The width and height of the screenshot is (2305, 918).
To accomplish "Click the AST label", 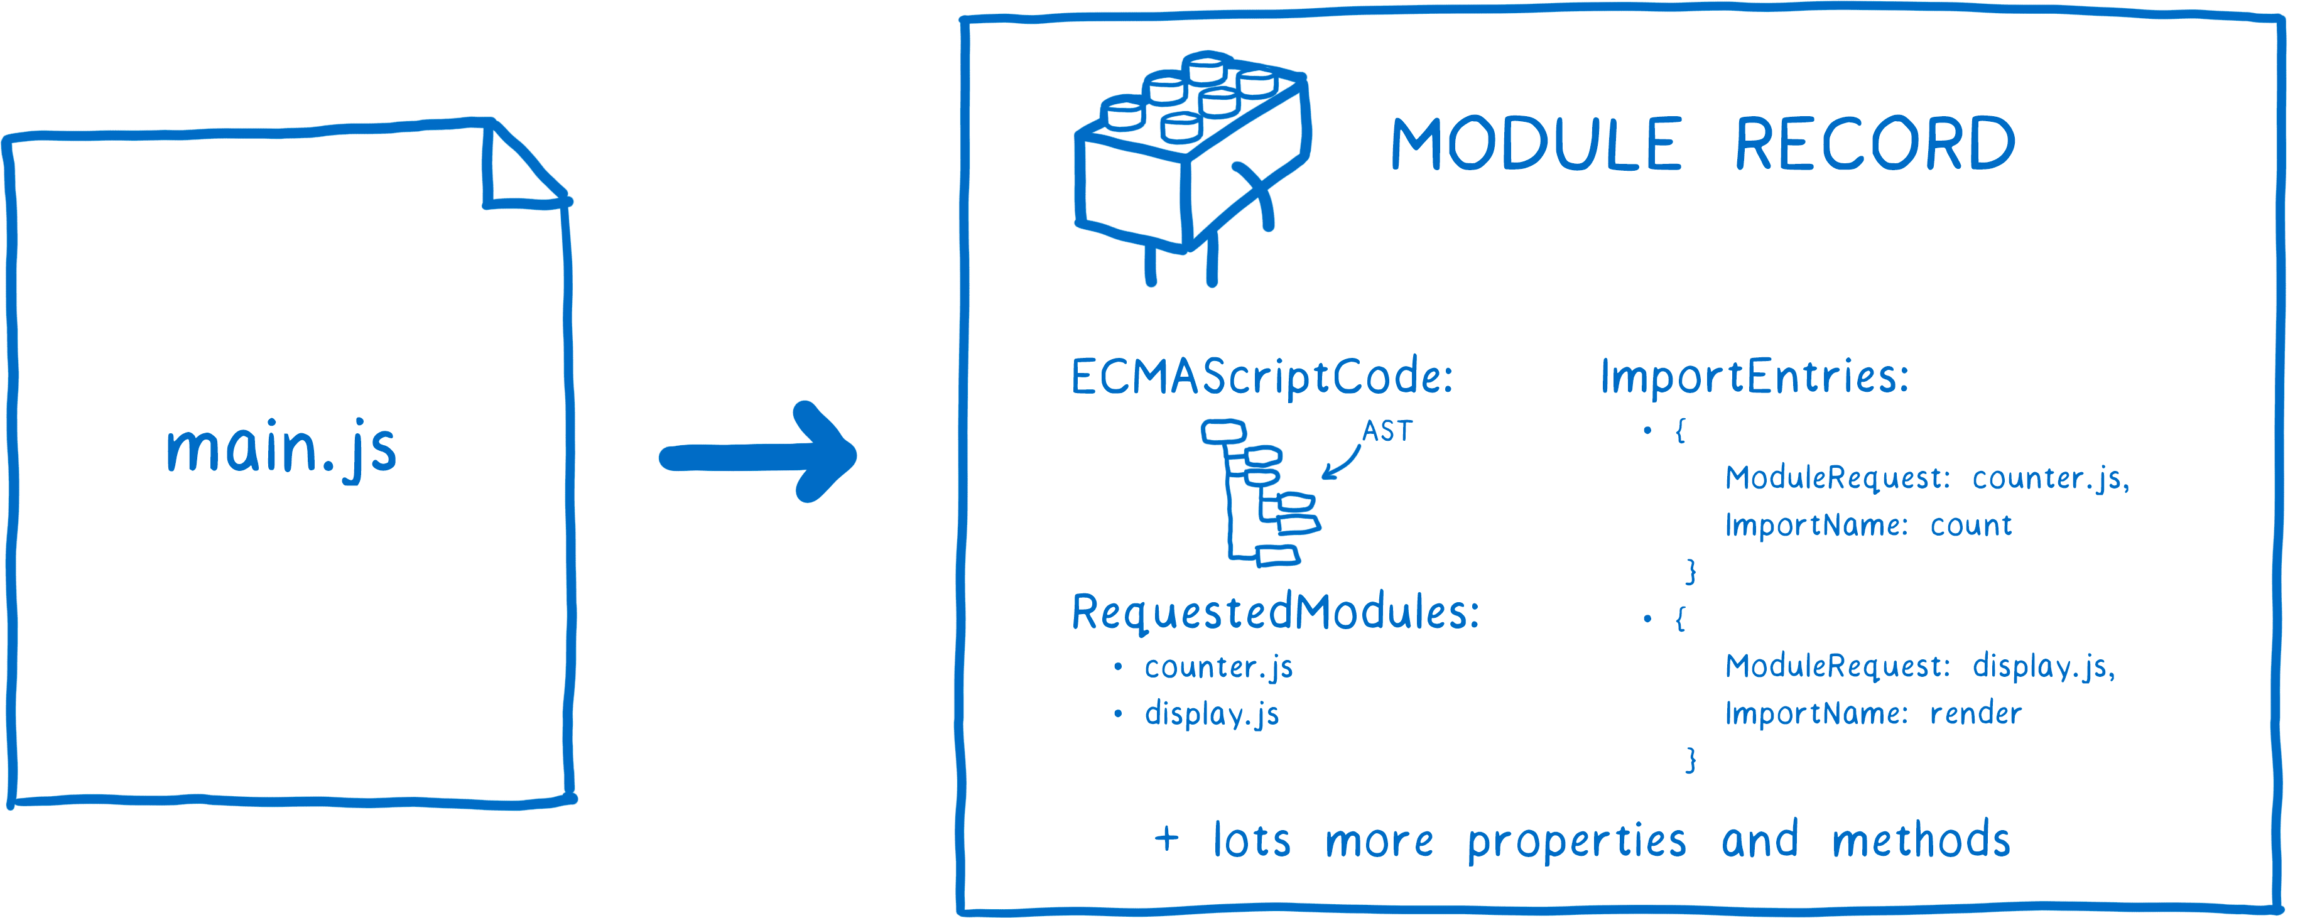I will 1386,432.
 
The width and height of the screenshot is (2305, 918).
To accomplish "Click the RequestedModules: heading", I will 1275,613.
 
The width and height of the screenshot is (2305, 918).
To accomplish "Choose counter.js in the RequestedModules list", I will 1218,667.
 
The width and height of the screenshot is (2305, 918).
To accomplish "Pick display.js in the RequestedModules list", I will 1212,714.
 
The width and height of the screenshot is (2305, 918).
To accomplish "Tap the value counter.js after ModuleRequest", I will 2049,478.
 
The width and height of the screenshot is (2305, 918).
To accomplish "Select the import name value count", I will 1970,525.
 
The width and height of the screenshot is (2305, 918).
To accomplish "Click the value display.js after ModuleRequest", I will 2043,667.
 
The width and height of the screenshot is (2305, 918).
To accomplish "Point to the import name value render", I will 1975,714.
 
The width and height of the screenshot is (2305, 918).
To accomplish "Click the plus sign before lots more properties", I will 1166,840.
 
